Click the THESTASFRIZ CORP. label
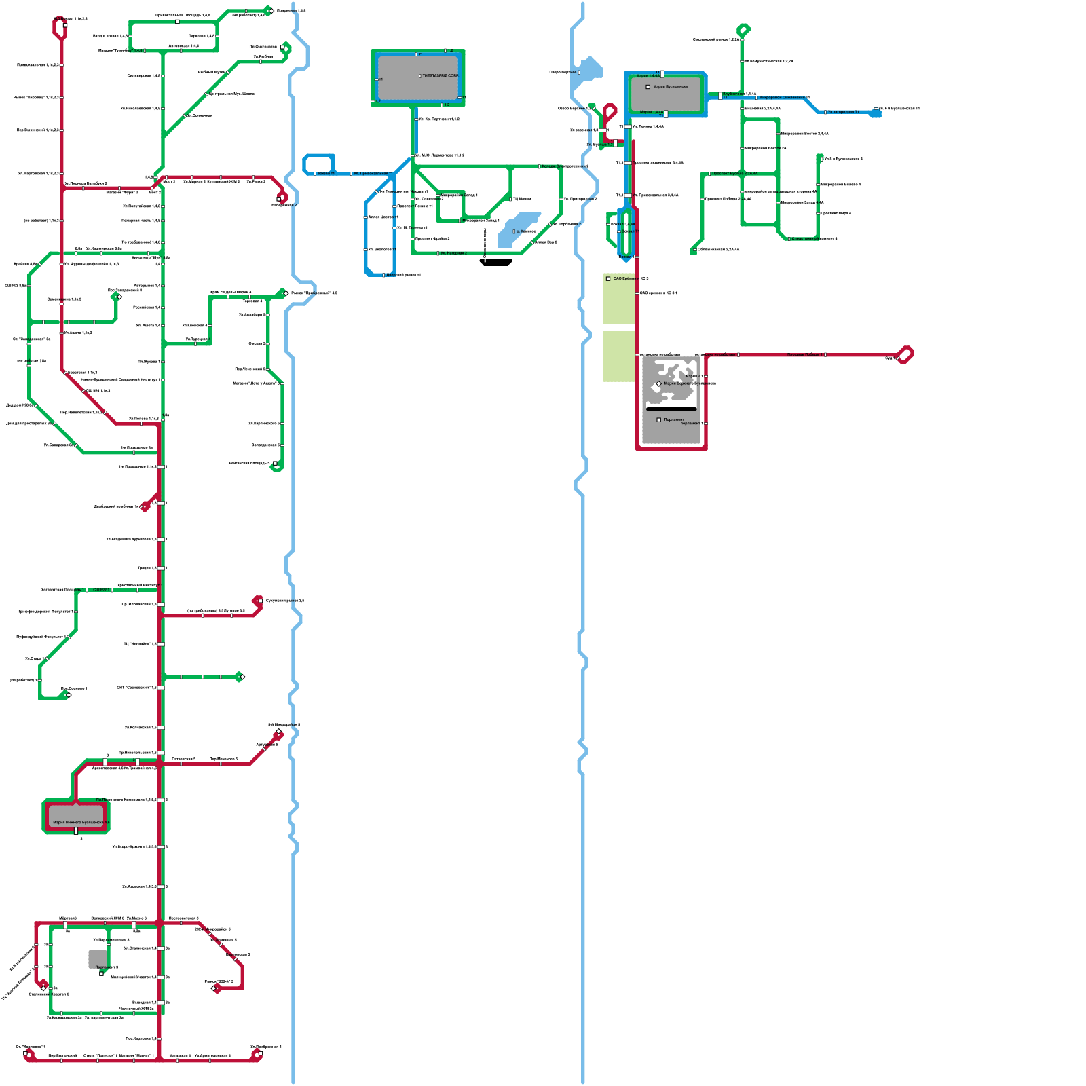click(440, 76)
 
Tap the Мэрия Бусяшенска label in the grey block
click(670, 87)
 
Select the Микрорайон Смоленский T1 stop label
click(784, 98)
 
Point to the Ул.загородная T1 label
click(843, 112)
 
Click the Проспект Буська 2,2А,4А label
click(734, 174)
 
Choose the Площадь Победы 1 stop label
click(804, 354)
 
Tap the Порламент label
click(674, 419)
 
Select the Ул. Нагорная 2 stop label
click(453, 253)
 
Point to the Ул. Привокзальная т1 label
click(373, 174)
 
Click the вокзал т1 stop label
click(326, 174)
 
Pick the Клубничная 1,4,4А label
click(739, 94)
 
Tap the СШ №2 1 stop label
click(100, 590)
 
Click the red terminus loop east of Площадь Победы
click(905, 354)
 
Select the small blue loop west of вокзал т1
click(318, 164)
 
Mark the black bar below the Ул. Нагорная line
click(496, 262)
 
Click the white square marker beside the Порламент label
click(658, 419)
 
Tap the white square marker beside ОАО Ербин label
click(608, 279)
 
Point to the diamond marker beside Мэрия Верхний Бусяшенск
click(658, 384)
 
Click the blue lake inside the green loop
click(517, 229)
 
